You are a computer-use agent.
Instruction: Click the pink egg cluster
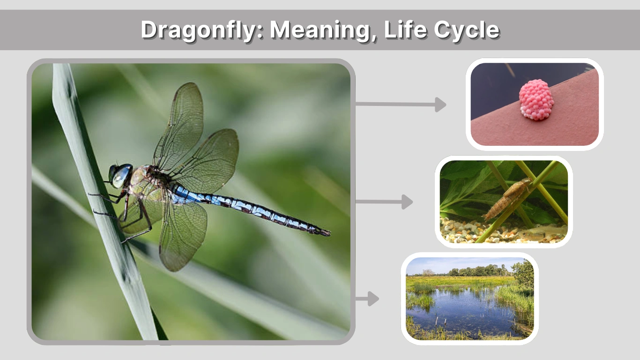pos(536,100)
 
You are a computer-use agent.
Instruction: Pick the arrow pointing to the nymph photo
pos(384,202)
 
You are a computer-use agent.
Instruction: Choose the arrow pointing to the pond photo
pos(367,299)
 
